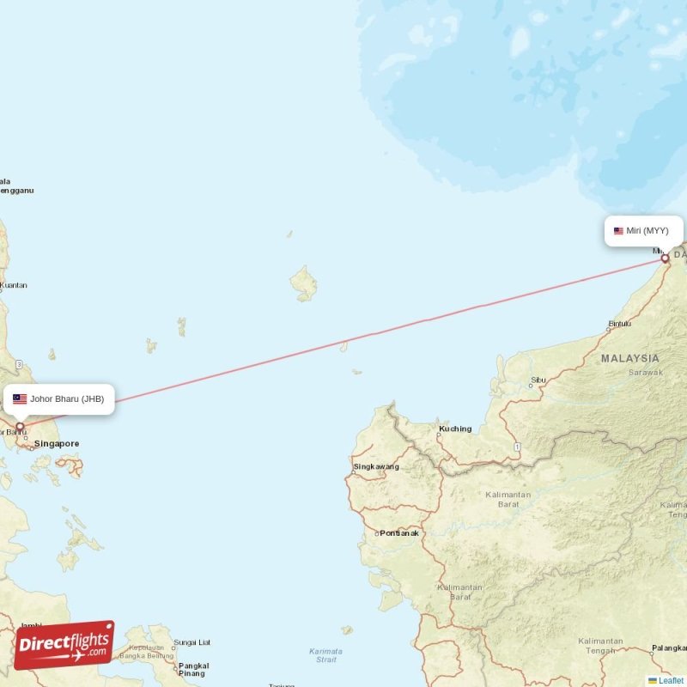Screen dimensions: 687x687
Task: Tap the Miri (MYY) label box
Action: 643,231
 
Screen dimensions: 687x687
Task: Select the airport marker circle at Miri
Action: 665,258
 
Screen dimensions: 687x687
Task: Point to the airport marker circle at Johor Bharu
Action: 20,426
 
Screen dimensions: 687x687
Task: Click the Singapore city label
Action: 57,444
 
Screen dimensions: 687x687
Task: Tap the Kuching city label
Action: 455,429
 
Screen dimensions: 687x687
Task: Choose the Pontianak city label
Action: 399,533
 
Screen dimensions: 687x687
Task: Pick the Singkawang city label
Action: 376,467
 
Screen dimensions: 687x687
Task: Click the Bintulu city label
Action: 620,324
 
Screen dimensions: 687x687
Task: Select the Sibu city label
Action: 538,379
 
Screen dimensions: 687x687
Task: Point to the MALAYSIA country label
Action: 630,358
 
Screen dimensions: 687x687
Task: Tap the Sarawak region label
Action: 645,373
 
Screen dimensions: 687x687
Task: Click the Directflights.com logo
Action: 64,645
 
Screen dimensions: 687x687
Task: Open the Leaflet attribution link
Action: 671,680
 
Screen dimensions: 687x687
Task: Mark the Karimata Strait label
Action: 325,655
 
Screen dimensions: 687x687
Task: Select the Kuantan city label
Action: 13,285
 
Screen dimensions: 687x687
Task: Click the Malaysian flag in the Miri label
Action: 618,231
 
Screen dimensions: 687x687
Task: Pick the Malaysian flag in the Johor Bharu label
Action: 20,399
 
